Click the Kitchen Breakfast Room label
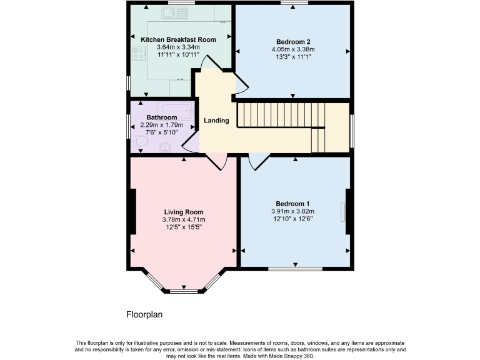[178, 39]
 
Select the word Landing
[216, 121]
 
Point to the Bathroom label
[161, 117]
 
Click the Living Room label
[184, 212]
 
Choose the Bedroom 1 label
[292, 204]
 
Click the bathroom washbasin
[165, 147]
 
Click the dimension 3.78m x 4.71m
[184, 219]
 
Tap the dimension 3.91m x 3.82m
[292, 211]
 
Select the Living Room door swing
[216, 161]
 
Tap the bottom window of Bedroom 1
[296, 269]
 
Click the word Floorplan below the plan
[144, 315]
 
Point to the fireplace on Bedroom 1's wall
[344, 212]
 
